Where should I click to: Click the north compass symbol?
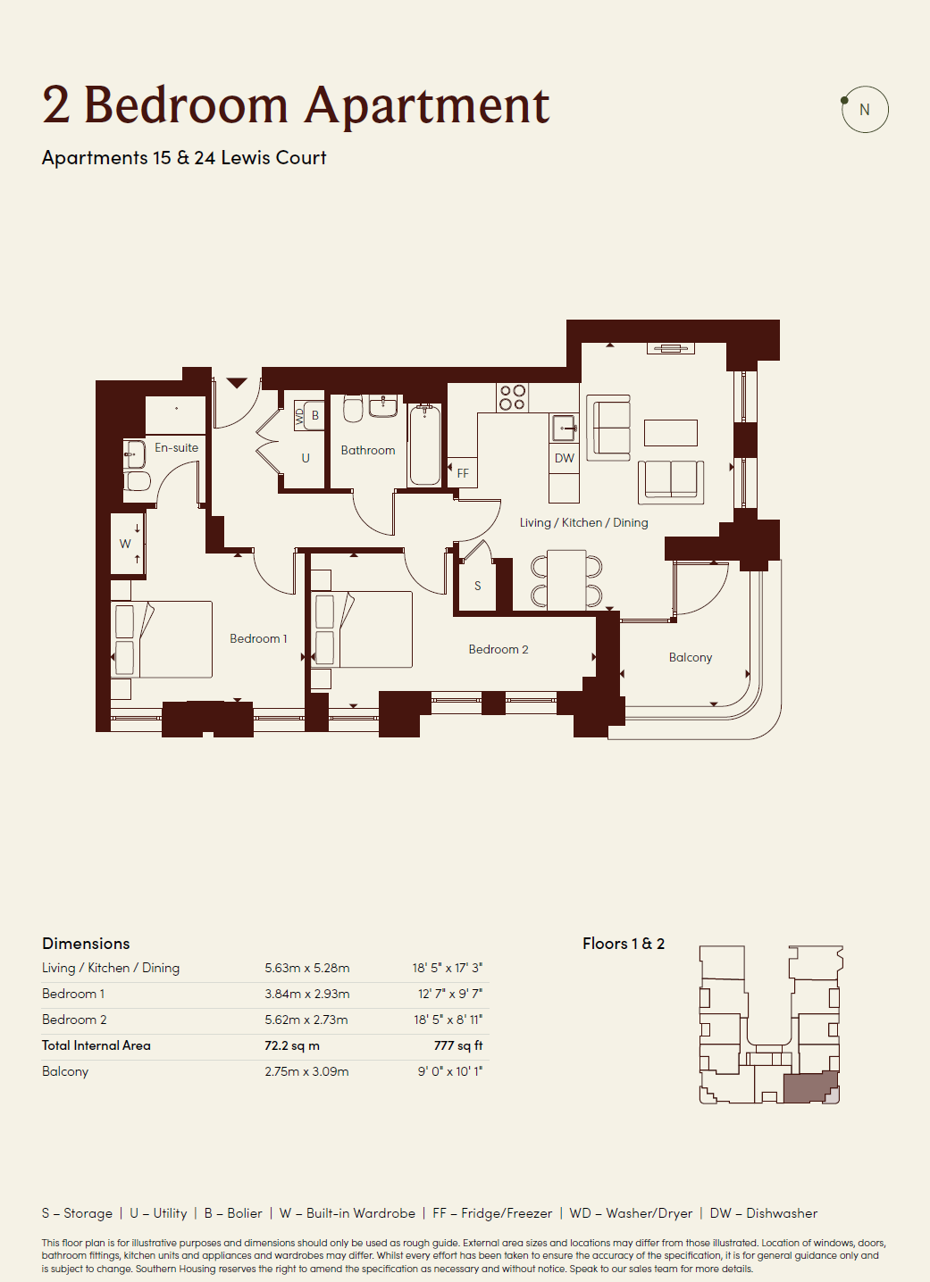pyautogui.click(x=864, y=109)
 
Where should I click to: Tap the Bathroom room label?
pyautogui.click(x=368, y=451)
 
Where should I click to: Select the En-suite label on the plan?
pyautogui.click(x=176, y=447)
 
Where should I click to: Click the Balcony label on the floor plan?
pyautogui.click(x=690, y=658)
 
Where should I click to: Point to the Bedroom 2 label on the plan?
pyautogui.click(x=499, y=649)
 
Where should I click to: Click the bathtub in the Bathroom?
pyautogui.click(x=424, y=445)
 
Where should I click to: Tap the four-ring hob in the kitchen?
pyautogui.click(x=512, y=397)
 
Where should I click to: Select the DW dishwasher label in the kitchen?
pyautogui.click(x=564, y=458)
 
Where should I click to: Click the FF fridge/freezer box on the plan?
pyautogui.click(x=462, y=473)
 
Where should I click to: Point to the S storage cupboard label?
pyautogui.click(x=478, y=586)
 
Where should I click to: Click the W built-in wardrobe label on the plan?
pyautogui.click(x=125, y=544)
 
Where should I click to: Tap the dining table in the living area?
pyautogui.click(x=566, y=579)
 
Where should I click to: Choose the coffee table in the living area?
pyautogui.click(x=671, y=433)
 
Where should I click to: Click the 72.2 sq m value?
pyautogui.click(x=292, y=1045)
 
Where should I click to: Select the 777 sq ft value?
pyautogui.click(x=458, y=1045)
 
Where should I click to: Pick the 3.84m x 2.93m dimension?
pyautogui.click(x=307, y=994)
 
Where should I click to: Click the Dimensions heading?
pyautogui.click(x=86, y=943)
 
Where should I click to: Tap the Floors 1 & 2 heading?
pyautogui.click(x=624, y=943)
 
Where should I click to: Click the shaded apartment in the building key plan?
pyautogui.click(x=808, y=1086)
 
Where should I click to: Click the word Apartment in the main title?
pyautogui.click(x=427, y=106)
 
